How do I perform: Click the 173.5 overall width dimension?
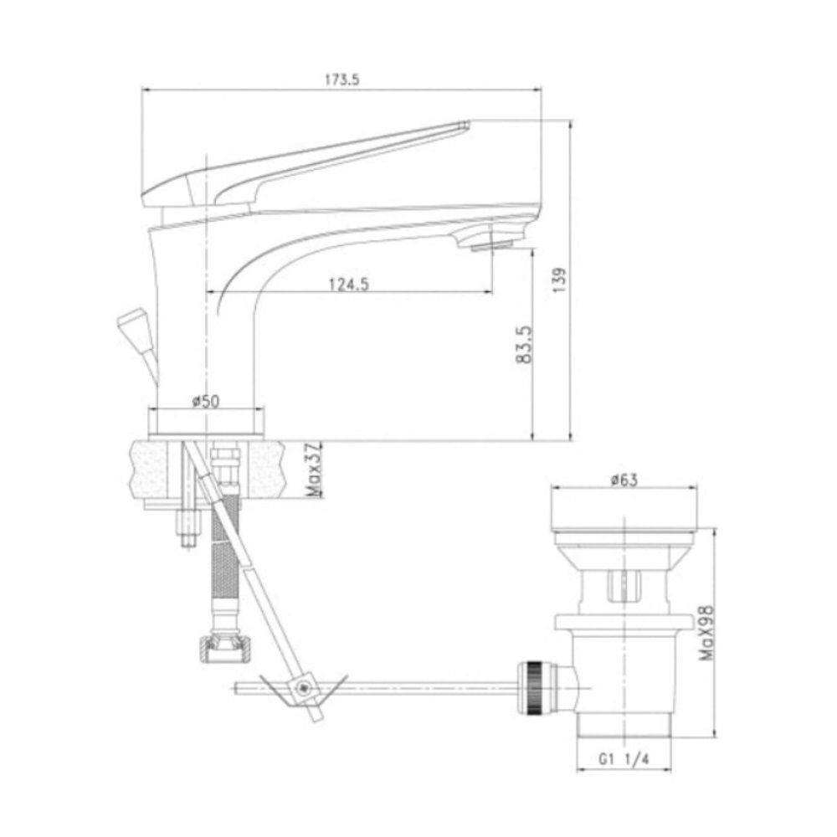342,80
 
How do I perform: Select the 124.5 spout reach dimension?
348,284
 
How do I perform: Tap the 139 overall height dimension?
559,280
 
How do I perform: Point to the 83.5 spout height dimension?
524,344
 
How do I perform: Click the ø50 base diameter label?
206,401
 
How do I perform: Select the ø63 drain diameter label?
624,480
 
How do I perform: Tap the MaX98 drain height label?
706,633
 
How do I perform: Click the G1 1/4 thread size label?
624,759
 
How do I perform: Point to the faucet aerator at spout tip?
491,245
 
